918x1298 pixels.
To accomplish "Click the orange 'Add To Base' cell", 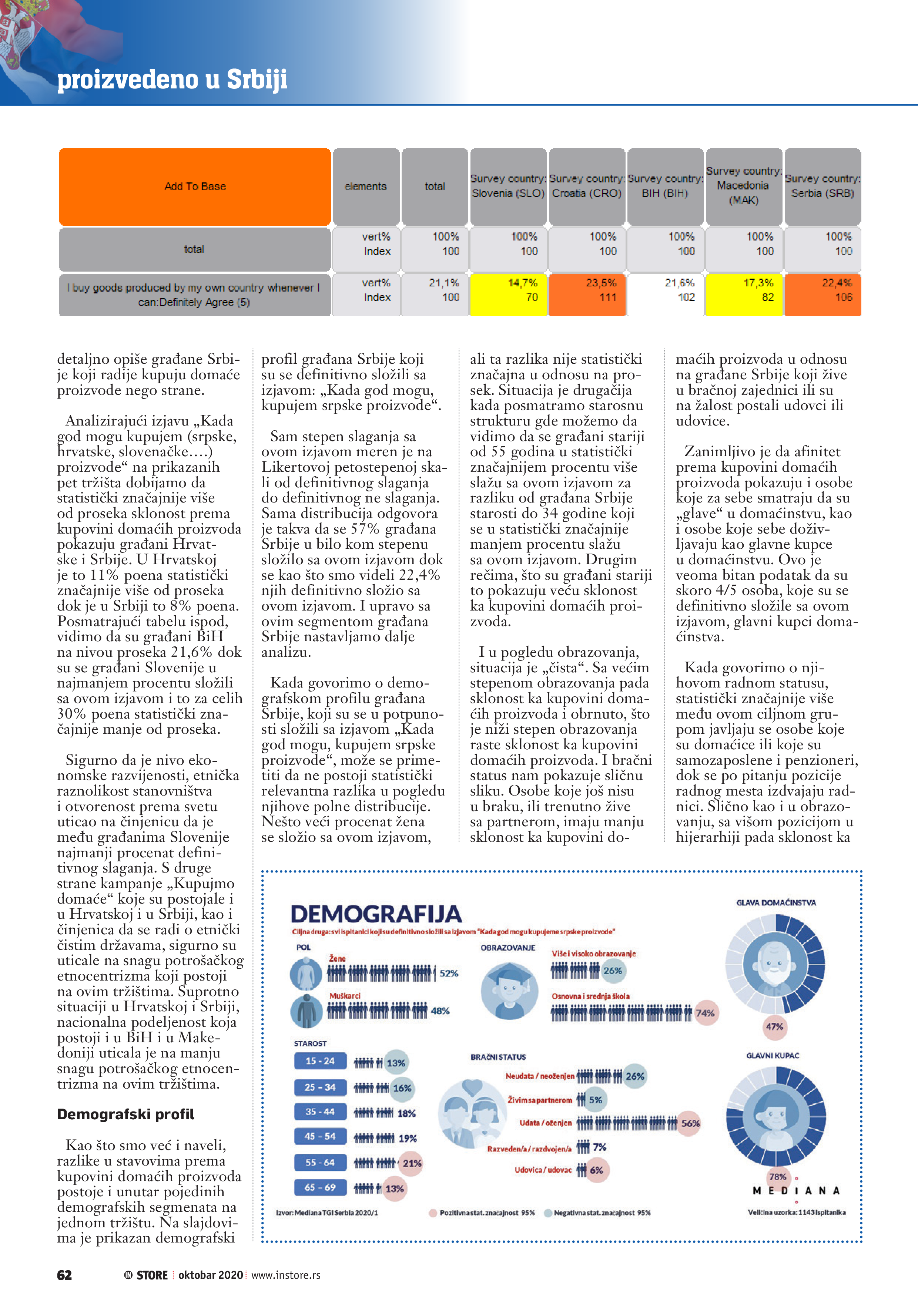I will coord(195,186).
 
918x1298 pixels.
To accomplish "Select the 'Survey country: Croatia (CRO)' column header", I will coord(587,186).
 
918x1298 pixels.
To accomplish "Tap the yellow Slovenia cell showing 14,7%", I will coord(508,290).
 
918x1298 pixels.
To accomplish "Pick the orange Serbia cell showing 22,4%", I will coord(822,290).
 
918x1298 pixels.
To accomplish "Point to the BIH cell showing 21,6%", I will coord(665,290).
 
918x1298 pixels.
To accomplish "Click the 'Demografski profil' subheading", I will coord(125,1114).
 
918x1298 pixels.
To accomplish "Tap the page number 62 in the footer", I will coord(64,1275).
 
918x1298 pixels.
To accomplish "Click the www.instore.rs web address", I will coord(286,1275).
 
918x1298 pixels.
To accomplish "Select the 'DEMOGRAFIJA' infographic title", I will coord(376,914).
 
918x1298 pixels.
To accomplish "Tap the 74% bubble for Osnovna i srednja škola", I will coord(705,1013).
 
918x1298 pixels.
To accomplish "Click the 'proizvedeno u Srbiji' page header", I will coord(172,79).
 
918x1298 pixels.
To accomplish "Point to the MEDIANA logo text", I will coord(796,1191).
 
